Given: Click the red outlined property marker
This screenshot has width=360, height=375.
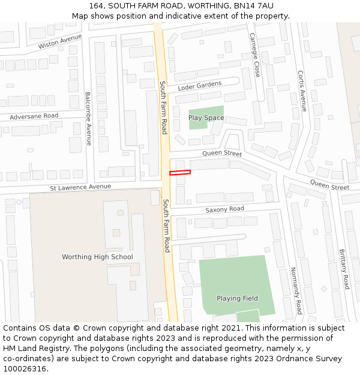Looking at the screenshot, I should (180, 173).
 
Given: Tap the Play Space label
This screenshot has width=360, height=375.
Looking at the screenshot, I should (206, 118).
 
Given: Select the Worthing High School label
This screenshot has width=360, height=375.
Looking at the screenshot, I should (97, 257).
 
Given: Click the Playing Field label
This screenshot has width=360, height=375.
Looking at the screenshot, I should (238, 298).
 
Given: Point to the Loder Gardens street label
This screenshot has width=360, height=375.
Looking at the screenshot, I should (200, 86).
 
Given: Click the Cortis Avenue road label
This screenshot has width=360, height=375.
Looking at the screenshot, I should (302, 91).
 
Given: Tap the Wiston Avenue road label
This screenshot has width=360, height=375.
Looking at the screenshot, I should (59, 41).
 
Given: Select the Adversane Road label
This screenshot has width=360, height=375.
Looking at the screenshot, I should (34, 116).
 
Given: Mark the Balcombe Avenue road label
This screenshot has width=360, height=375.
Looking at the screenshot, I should (88, 119).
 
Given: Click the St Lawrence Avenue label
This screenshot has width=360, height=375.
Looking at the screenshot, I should (80, 187).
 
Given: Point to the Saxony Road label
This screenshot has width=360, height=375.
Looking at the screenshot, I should (224, 209).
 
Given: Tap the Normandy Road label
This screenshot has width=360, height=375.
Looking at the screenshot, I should (295, 291).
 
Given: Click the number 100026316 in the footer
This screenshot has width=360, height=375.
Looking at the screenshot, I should (24, 369).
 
